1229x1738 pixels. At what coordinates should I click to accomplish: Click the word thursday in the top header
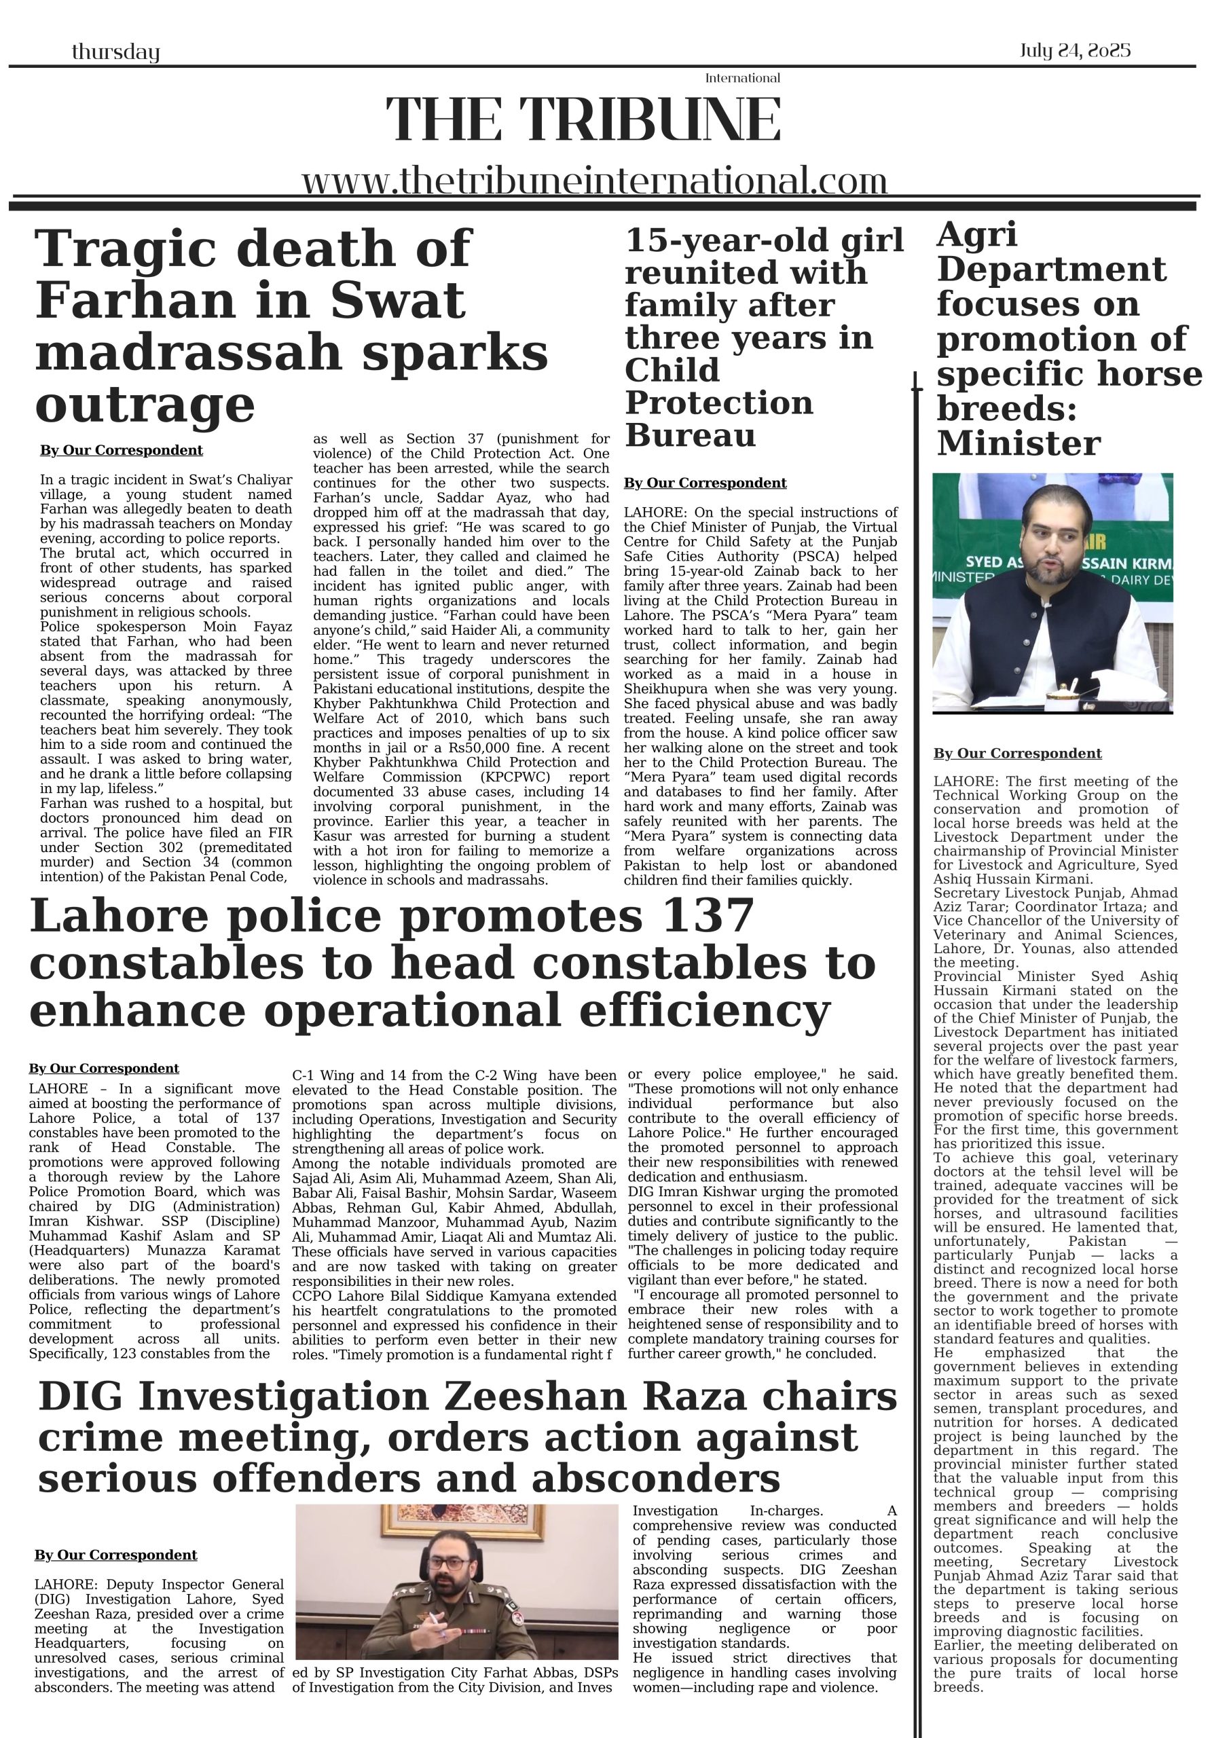[115, 52]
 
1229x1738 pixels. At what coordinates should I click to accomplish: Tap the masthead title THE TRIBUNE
[583, 119]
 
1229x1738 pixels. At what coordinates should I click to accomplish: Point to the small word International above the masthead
[742, 78]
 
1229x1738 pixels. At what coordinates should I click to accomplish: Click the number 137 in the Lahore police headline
[708, 916]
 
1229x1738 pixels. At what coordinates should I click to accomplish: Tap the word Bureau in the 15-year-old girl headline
[690, 435]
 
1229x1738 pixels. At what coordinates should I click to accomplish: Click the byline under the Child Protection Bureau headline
[704, 483]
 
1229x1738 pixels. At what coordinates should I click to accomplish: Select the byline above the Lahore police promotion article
[104, 1068]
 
